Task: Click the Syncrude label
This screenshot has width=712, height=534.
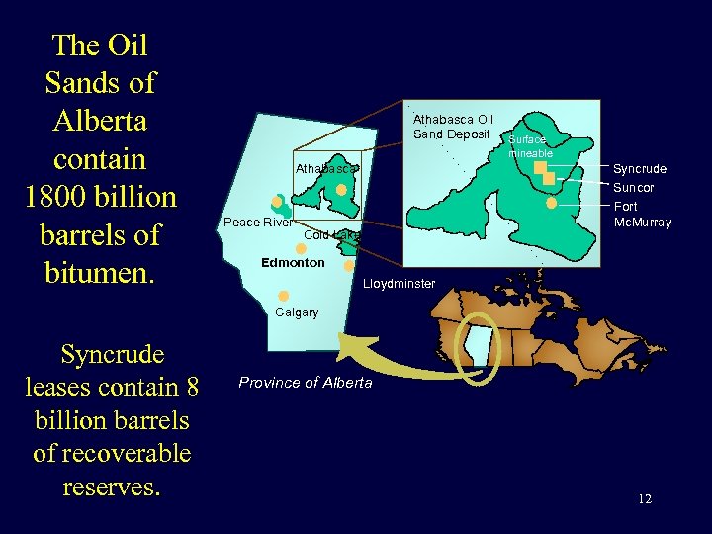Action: click(x=640, y=169)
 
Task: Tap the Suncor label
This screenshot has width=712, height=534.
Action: click(x=634, y=188)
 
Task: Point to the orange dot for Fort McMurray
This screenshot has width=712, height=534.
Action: click(x=551, y=203)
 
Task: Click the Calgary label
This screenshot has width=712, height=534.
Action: click(x=297, y=312)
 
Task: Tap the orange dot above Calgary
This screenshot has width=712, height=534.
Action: click(x=283, y=296)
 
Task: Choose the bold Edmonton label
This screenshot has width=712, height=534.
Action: click(x=292, y=263)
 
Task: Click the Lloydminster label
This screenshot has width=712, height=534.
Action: click(x=399, y=284)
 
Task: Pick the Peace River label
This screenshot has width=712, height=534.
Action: click(x=257, y=222)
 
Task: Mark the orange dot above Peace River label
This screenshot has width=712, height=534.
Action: click(x=277, y=202)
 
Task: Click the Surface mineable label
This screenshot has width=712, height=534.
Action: click(x=527, y=146)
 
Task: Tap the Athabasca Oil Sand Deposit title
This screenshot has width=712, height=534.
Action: click(x=453, y=127)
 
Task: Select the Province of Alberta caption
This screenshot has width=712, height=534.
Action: click(x=306, y=383)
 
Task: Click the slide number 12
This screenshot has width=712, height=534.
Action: click(x=644, y=499)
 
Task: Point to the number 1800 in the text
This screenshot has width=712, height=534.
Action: click(x=68, y=197)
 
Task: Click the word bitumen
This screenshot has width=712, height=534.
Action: click(x=102, y=272)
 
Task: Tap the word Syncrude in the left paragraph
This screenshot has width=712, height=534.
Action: click(x=112, y=354)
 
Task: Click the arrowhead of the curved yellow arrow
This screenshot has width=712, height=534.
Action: click(x=347, y=345)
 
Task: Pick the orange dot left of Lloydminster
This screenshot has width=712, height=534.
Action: click(x=349, y=265)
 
